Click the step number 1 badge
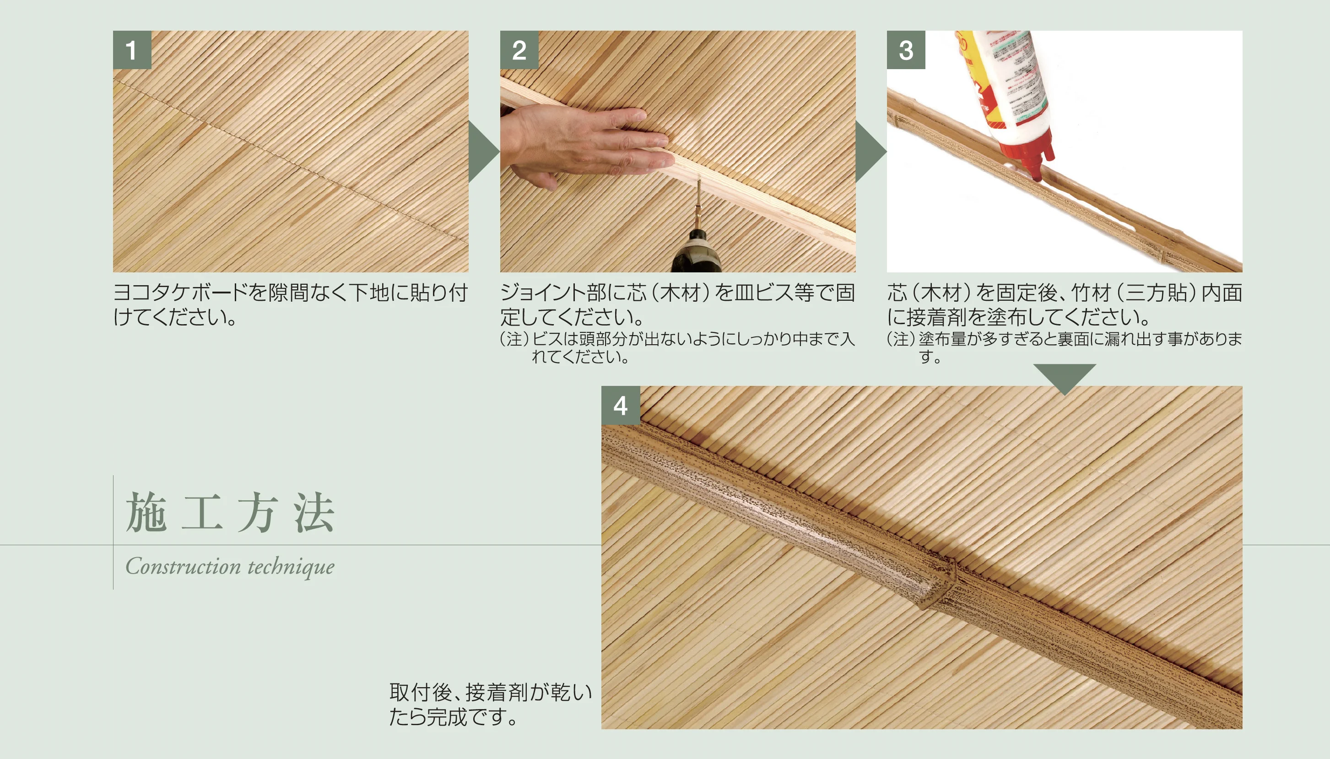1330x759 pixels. click(x=132, y=50)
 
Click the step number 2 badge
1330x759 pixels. click(x=519, y=50)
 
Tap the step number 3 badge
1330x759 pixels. click(x=906, y=50)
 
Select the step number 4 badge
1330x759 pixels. click(x=620, y=406)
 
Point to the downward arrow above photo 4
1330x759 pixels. click(x=1064, y=377)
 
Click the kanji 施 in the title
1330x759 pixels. click(x=146, y=513)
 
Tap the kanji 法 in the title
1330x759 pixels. click(x=314, y=513)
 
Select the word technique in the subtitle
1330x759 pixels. click(x=291, y=567)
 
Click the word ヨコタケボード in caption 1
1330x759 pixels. click(x=180, y=293)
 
